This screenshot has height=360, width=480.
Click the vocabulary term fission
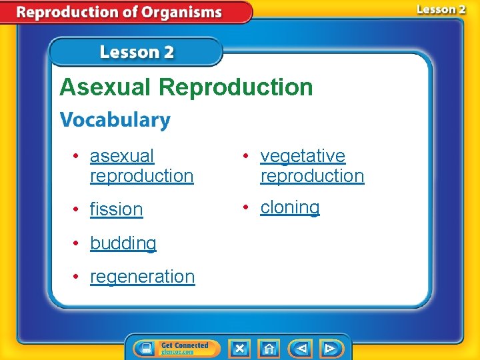pos(116,209)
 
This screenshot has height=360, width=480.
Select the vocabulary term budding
pos(123,243)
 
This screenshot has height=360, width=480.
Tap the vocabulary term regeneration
pos(142,277)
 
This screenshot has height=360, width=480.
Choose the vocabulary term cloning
pos(289,207)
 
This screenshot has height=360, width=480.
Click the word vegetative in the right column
pos(303,156)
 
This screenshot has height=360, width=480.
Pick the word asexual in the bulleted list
pos(121,156)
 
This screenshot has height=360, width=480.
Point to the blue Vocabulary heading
pos(115,121)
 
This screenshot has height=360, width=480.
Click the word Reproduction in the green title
pos(236,87)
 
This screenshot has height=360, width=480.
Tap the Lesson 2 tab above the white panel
pos(137,53)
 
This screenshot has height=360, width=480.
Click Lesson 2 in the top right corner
pos(441,9)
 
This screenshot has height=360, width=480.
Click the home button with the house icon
pos(269,348)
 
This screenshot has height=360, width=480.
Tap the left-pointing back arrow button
pos(301,348)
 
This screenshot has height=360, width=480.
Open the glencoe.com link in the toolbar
pos(176,352)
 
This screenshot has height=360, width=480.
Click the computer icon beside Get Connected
pos(147,348)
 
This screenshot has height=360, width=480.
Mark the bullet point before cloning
pos(247,207)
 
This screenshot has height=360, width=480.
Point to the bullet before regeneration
pos(77,277)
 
